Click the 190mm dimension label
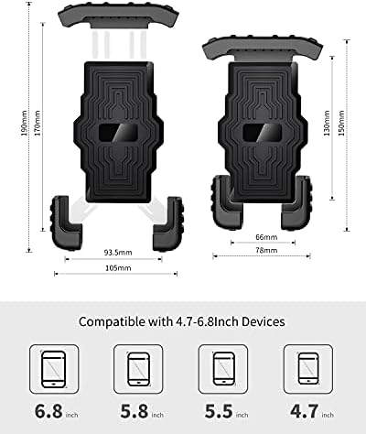[25, 123]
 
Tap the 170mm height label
[38, 123]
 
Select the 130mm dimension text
[327, 123]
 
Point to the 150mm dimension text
[341, 123]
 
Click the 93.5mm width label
[118, 253]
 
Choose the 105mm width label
[118, 268]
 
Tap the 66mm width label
[266, 237]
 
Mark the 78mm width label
[266, 250]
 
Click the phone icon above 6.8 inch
[54, 369]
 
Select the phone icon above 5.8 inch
[138, 369]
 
